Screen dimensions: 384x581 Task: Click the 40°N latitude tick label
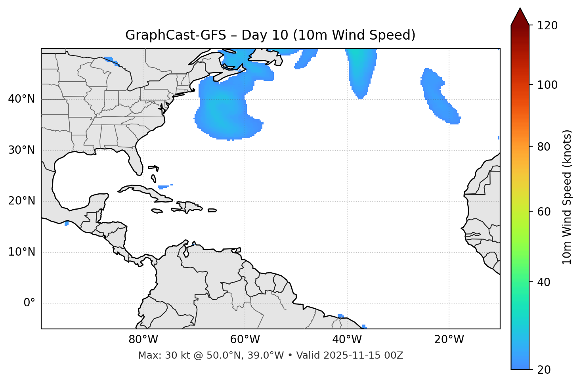pos(21,99)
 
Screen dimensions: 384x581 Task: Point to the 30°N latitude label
pos(21,150)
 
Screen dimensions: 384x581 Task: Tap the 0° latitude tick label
pos(29,303)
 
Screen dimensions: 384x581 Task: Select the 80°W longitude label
pos(143,340)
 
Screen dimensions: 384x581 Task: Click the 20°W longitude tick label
pos(449,340)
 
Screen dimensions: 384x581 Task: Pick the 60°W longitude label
pos(245,340)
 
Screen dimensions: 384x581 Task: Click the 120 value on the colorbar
pos(547,26)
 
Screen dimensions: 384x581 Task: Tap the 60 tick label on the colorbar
pos(544,212)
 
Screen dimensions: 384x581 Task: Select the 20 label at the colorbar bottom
pos(544,370)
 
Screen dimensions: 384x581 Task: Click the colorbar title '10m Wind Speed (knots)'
pos(567,197)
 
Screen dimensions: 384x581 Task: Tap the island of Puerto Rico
pos(212,210)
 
